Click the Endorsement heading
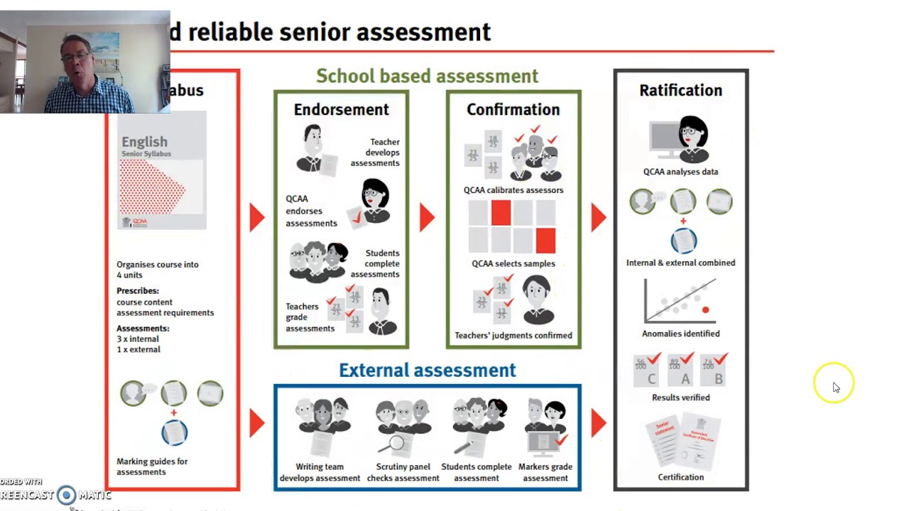[x=341, y=109]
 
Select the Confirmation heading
[x=513, y=109]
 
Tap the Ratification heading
[x=680, y=90]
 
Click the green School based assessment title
[x=427, y=76]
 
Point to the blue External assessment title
[x=427, y=370]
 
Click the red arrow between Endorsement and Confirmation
[x=426, y=217]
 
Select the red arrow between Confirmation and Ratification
[x=598, y=217]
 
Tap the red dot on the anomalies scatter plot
[x=705, y=310]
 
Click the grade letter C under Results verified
[x=651, y=379]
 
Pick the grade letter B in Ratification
[x=719, y=379]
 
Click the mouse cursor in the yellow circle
[x=835, y=386]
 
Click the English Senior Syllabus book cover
[x=163, y=170]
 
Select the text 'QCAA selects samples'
[x=513, y=263]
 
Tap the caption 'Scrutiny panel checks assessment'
[x=403, y=472]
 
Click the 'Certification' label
[x=680, y=477]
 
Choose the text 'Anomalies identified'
[x=680, y=334]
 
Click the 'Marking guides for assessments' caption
[x=152, y=466]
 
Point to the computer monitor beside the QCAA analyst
[x=665, y=140]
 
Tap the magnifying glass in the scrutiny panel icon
[x=395, y=444]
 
